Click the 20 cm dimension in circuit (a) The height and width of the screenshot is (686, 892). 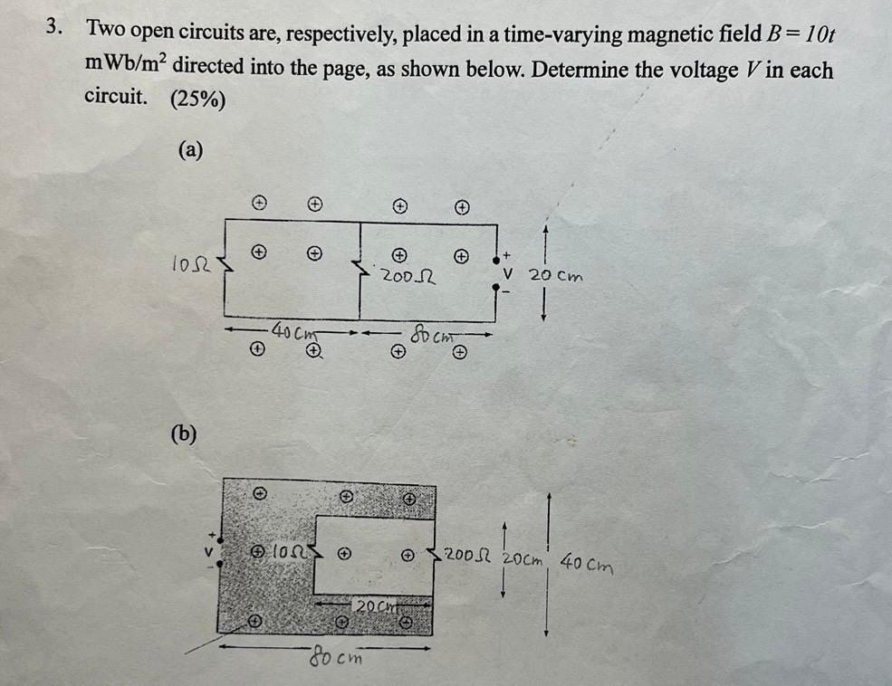click(x=556, y=273)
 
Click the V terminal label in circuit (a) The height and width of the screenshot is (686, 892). click(x=509, y=272)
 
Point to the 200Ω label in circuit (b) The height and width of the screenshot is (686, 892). click(x=466, y=554)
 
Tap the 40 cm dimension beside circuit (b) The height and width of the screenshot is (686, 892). click(x=586, y=567)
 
